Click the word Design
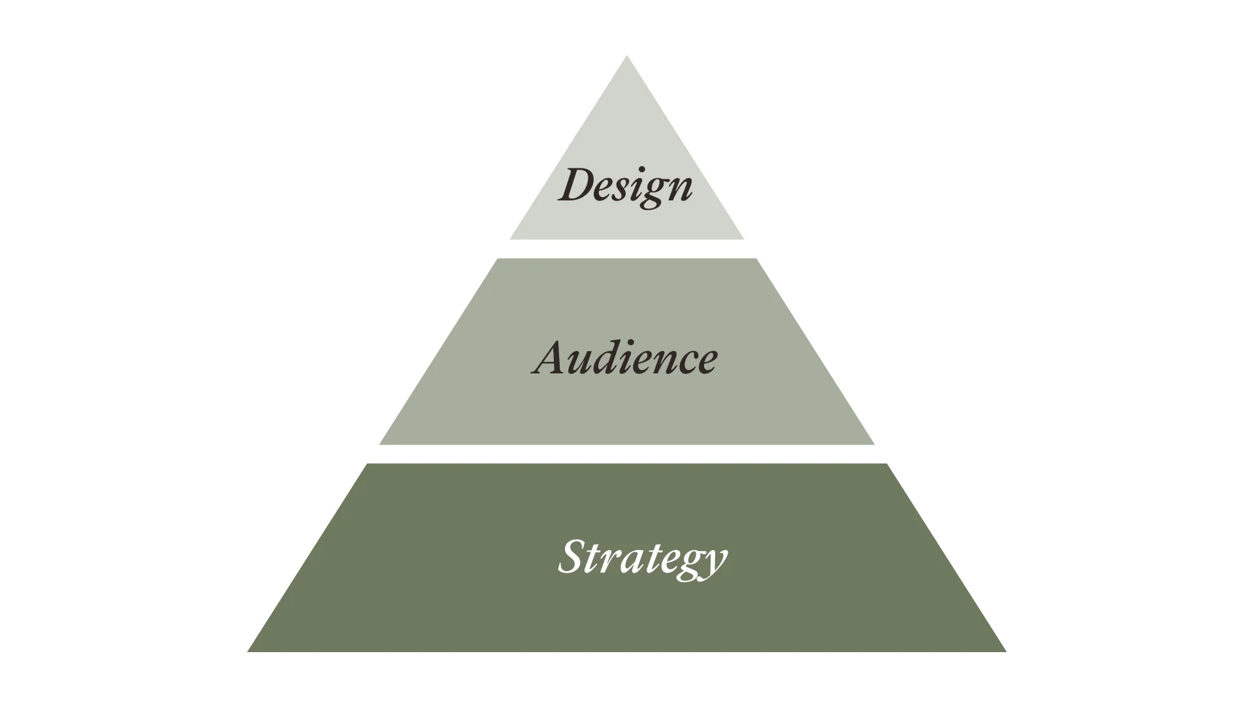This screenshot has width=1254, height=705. point(626,186)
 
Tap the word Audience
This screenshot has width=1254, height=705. point(625,358)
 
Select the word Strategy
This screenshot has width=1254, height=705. point(642,558)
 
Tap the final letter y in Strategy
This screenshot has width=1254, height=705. point(714,563)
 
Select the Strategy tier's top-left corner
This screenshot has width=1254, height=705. point(366,463)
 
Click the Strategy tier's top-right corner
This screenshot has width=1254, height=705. point(888,463)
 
